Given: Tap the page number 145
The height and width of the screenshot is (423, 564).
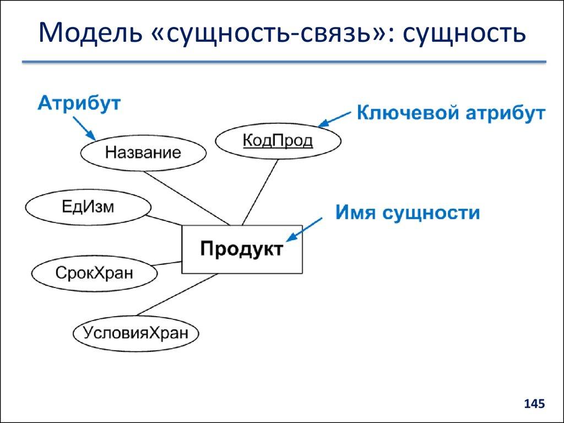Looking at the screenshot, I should click(534, 404).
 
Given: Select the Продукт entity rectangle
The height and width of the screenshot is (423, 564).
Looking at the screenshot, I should click(242, 249).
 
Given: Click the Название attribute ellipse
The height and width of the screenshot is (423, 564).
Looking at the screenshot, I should click(143, 153).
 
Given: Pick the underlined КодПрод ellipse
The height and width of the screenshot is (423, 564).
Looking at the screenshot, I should click(278, 141).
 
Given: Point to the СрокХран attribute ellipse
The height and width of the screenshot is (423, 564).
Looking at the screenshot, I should click(94, 272).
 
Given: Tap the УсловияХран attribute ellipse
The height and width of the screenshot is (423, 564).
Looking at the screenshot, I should click(135, 333).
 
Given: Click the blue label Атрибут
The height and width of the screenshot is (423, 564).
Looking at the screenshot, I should click(79, 104).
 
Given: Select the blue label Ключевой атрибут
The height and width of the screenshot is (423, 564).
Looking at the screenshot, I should click(451, 113).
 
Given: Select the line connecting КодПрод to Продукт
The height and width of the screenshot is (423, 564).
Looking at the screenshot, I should click(259, 192).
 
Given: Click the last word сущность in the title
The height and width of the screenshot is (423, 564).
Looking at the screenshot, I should click(464, 34).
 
